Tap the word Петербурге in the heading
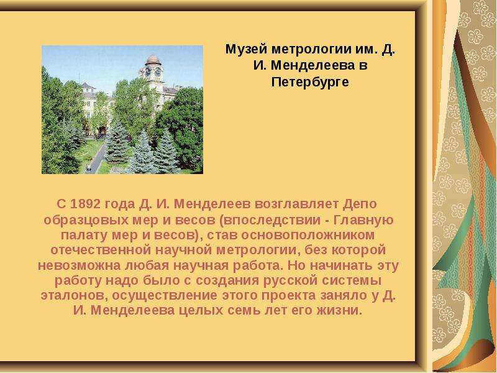[310, 82]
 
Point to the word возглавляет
[296, 204]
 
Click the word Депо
[360, 204]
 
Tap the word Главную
[363, 219]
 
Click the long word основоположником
[308, 235]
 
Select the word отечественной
[101, 250]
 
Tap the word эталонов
[75, 296]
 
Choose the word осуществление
[165, 296]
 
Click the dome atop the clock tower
[153, 60]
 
